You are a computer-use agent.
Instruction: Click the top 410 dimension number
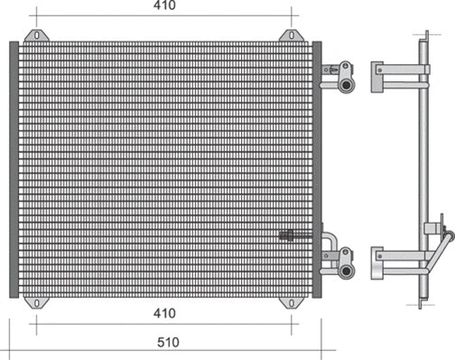(x=163, y=7)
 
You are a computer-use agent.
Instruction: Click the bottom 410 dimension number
(x=163, y=313)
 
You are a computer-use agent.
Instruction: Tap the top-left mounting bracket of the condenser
(x=35, y=36)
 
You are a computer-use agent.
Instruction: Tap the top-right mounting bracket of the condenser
(x=290, y=36)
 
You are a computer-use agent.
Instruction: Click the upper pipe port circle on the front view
(x=347, y=85)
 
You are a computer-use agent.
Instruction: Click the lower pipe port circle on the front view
(x=347, y=270)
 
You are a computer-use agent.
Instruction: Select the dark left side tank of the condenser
(x=13, y=169)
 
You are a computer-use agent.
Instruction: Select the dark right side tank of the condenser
(x=316, y=169)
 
